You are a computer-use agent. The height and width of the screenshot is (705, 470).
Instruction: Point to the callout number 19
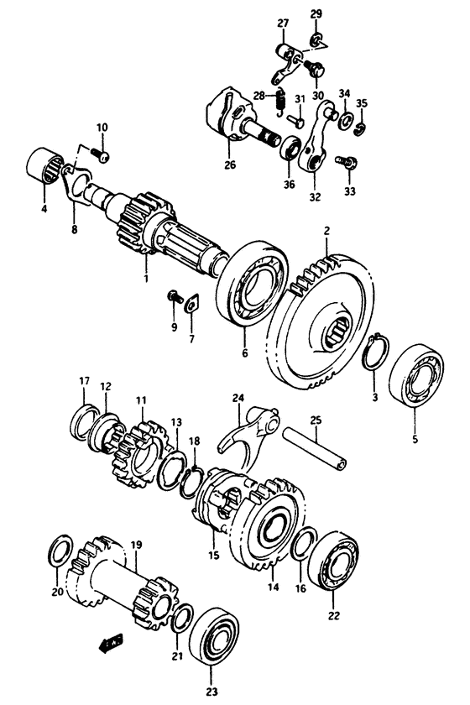pos(136,545)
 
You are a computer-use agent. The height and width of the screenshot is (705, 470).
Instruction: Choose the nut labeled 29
pos(316,39)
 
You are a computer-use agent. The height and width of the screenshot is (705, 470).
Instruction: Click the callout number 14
pos(270,587)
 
